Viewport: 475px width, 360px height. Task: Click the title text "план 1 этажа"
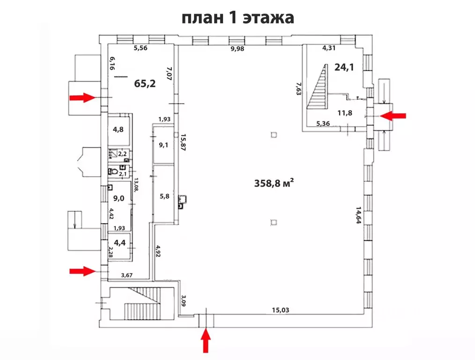pyautogui.click(x=237, y=18)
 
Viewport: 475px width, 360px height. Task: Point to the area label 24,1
pyautogui.click(x=344, y=67)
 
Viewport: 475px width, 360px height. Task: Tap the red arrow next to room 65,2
pyautogui.click(x=82, y=97)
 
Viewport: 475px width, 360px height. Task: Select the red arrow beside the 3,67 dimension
pyautogui.click(x=82, y=270)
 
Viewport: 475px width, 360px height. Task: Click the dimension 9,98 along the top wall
pyautogui.click(x=237, y=48)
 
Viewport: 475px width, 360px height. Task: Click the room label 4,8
pyautogui.click(x=118, y=130)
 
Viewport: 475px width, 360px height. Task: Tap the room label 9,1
pyautogui.click(x=164, y=145)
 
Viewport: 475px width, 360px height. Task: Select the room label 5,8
pyautogui.click(x=164, y=197)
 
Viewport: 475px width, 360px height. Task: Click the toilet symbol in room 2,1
pyautogui.click(x=112, y=172)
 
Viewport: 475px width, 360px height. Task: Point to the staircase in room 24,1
pyautogui.click(x=317, y=88)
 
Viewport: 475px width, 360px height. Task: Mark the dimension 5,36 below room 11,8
pyautogui.click(x=324, y=124)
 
